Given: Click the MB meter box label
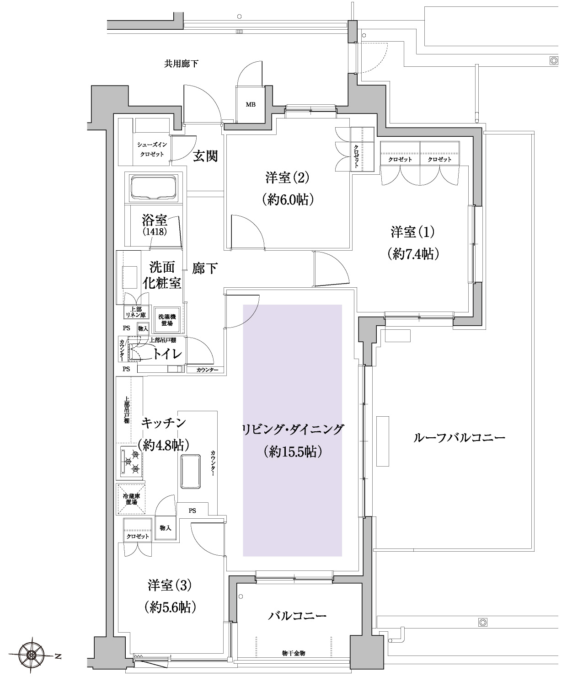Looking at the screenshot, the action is tap(251, 104).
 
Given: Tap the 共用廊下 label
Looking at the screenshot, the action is tap(181, 64).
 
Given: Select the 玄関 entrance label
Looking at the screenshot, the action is tap(205, 156).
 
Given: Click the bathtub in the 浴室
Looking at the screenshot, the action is tap(154, 188).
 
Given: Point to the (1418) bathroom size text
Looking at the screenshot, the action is tap(155, 231).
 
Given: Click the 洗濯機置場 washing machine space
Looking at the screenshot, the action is tap(167, 320).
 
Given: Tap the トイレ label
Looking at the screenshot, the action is tap(167, 354).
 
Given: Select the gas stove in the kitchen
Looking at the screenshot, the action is tap(131, 461).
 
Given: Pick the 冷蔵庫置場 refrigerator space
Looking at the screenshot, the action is tap(131, 499).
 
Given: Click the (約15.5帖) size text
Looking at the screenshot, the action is tap(293, 451).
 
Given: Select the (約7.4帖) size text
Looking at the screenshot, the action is tap(413, 253).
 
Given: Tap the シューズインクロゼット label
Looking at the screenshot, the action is tap(152, 150).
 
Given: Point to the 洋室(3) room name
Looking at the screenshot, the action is tap(170, 585).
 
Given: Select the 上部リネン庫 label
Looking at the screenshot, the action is tap(136, 312).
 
